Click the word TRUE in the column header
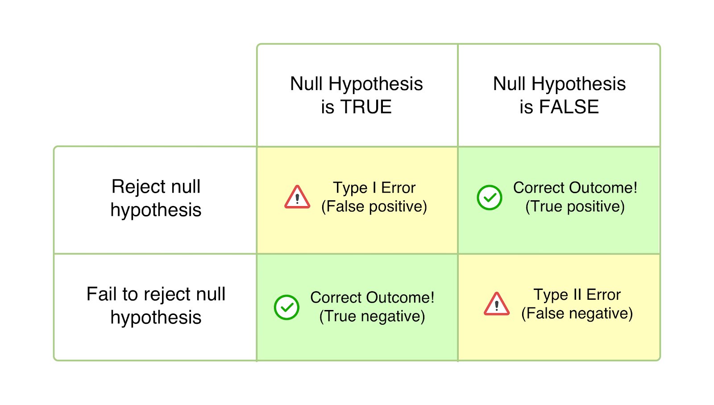pyautogui.click(x=365, y=107)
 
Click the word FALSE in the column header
pyautogui.click(x=569, y=107)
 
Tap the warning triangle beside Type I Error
pyautogui.click(x=297, y=198)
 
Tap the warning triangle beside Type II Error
pyautogui.click(x=496, y=305)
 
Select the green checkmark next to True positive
pyautogui.click(x=490, y=198)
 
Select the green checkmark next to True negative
pyautogui.click(x=286, y=307)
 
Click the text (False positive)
pyautogui.click(x=374, y=207)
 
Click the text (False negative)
pyautogui.click(x=577, y=314)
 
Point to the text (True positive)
pyautogui.click(x=575, y=207)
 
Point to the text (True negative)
pyautogui.click(x=372, y=316)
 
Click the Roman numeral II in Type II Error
pyautogui.click(x=577, y=294)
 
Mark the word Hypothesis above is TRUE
pyautogui.click(x=375, y=84)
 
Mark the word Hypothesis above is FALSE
pyautogui.click(x=578, y=84)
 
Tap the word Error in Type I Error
pyautogui.click(x=398, y=188)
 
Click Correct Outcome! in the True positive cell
pyautogui.click(x=575, y=188)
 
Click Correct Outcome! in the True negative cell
pyautogui.click(x=372, y=298)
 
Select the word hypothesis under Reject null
pyautogui.click(x=156, y=210)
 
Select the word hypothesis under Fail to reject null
pyautogui.click(x=156, y=318)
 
